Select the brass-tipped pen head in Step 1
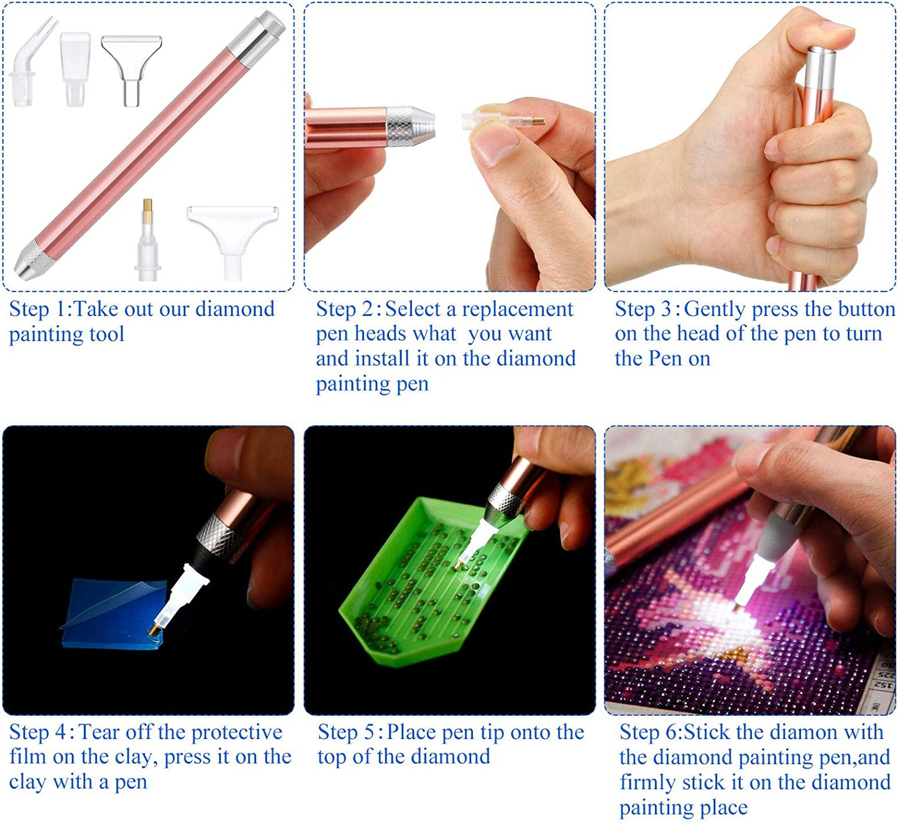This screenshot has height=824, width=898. [148, 242]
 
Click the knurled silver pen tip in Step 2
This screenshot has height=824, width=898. [410, 126]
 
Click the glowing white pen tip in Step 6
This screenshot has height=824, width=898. [748, 582]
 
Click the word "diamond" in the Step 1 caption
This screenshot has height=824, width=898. [235, 309]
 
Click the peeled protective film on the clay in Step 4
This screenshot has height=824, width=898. [112, 602]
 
